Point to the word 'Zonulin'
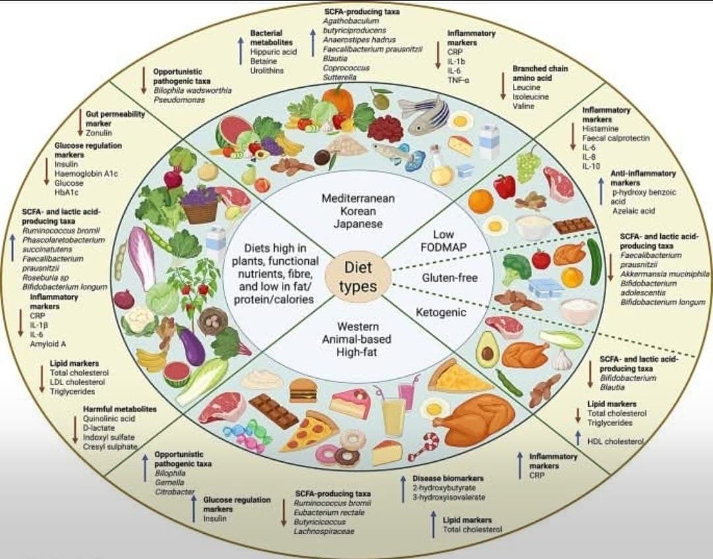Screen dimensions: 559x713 click(x=99, y=133)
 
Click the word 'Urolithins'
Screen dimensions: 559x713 click(x=268, y=70)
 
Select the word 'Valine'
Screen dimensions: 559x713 click(x=523, y=106)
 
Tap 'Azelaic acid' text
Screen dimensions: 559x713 click(x=633, y=211)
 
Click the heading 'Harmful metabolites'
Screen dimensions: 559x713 click(x=119, y=409)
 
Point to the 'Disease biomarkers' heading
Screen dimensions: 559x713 click(x=448, y=478)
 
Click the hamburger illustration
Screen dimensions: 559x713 click(x=303, y=390)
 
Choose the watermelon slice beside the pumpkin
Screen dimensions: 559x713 click(x=232, y=131)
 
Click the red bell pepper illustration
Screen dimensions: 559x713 click(x=504, y=186)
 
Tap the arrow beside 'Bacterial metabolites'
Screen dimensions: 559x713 click(x=241, y=50)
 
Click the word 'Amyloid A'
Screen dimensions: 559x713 click(x=48, y=344)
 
